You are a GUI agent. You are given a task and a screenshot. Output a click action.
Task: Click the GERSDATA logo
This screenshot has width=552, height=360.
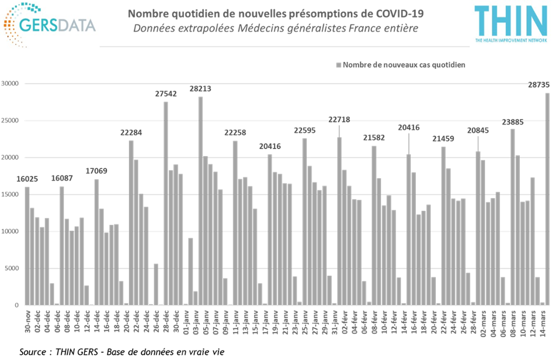coord(49,25)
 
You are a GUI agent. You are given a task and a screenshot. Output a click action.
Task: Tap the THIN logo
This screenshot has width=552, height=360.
coord(510,23)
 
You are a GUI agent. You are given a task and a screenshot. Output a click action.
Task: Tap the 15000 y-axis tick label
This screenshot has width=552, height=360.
coord(12,195)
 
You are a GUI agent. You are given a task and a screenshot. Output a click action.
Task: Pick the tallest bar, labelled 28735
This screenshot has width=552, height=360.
coord(547,199)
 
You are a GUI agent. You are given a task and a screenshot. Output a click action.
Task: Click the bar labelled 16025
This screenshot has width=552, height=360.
coord(27,245)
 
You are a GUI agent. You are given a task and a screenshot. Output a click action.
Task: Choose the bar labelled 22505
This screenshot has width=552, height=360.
coord(304,221)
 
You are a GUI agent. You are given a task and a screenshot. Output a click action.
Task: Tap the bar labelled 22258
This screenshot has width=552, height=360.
coord(235,223)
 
